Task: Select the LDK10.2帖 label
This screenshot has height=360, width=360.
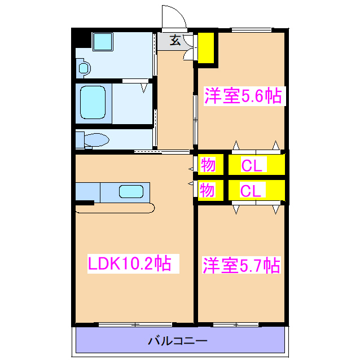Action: [129, 264]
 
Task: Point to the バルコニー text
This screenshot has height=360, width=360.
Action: [178, 341]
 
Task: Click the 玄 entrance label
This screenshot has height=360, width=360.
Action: [175, 41]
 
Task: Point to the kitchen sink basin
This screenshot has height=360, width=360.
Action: [131, 191]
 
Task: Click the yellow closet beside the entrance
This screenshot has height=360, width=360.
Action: [206, 47]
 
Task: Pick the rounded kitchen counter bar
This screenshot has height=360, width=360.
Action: [115, 209]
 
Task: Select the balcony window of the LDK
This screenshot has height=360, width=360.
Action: [135, 324]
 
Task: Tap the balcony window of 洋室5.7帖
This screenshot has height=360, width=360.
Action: [236, 324]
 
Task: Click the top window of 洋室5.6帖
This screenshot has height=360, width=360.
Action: [252, 29]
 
